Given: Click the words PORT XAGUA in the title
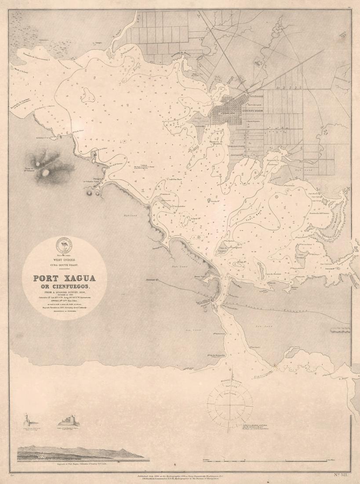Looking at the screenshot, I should [x=64, y=279].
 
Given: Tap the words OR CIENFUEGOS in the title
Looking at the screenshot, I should [x=64, y=286].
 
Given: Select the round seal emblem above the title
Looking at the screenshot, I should [x=64, y=246].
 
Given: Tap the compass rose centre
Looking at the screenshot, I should [x=229, y=400].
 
